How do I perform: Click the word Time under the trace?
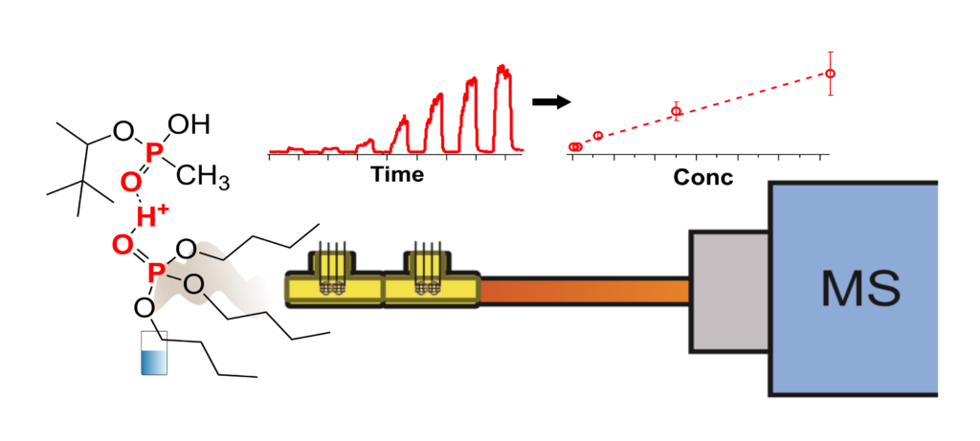[395, 175]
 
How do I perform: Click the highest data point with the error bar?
[831, 73]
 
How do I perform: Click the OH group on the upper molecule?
[188, 123]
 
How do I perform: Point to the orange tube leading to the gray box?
[584, 291]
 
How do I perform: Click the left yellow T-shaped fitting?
[334, 282]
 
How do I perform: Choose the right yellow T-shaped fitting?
[429, 282]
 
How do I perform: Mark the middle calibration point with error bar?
[676, 111]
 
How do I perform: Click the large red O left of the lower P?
[122, 246]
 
